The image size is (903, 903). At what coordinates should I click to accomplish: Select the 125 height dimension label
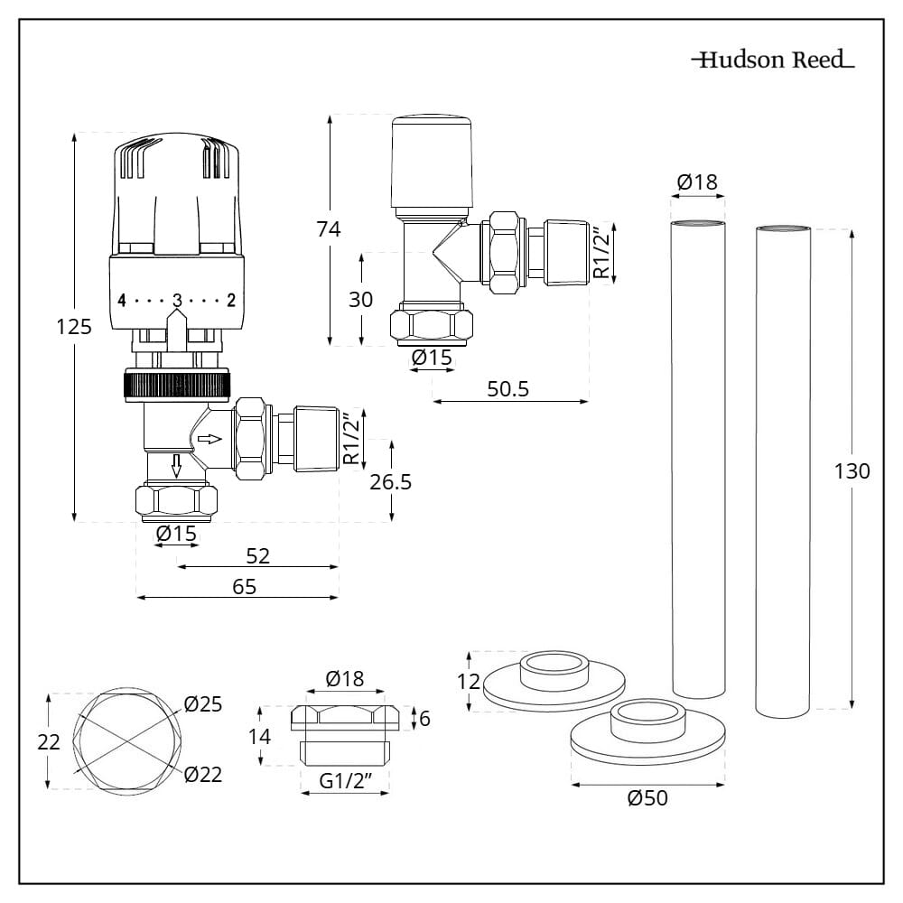click(74, 327)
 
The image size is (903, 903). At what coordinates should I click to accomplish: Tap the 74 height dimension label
click(328, 229)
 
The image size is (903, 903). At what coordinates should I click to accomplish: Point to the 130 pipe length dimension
click(851, 471)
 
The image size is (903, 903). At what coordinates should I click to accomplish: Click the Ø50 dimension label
click(647, 798)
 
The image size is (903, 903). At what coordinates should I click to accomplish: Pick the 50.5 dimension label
click(507, 389)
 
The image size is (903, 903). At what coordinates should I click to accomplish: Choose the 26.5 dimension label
click(390, 482)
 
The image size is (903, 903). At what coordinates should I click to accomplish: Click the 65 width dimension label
click(244, 586)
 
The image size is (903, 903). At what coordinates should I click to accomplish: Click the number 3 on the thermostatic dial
click(178, 300)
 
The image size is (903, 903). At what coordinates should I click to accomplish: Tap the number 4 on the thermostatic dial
click(122, 300)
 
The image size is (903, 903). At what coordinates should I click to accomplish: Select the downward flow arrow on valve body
click(178, 465)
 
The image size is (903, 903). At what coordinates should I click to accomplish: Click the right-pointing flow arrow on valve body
click(209, 440)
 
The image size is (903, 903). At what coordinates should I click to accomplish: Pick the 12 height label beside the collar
click(468, 681)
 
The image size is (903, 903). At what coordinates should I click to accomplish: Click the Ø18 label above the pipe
click(696, 182)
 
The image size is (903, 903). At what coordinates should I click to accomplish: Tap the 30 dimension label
click(360, 300)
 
